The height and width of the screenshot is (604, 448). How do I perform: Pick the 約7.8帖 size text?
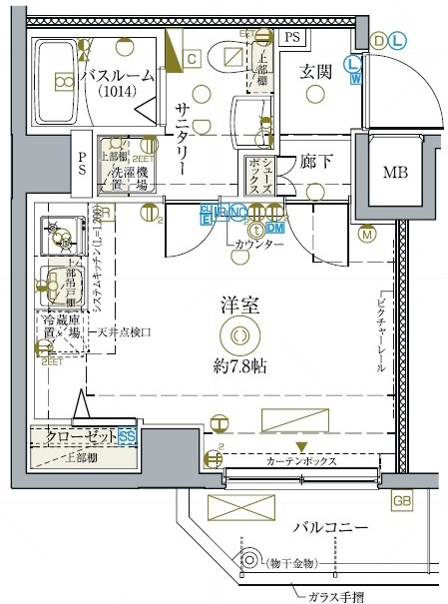coord(238,365)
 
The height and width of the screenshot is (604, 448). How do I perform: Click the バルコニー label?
coord(332,526)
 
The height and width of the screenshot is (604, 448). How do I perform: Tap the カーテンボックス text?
coord(300,461)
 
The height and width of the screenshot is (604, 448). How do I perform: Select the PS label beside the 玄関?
coord(291,37)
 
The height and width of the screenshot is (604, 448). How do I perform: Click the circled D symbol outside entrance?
coord(378,40)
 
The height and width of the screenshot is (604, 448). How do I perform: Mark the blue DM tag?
coord(275,227)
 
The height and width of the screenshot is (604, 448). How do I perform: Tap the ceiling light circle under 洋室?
coord(238,336)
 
